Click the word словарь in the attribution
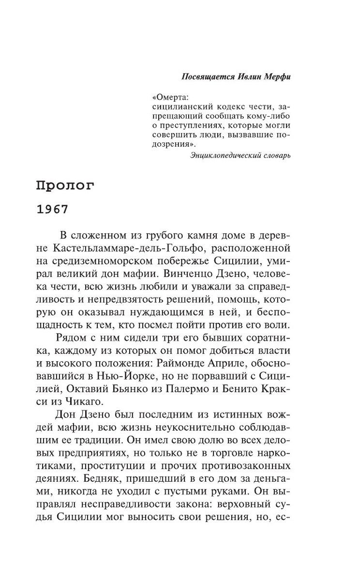coord(274,156)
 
